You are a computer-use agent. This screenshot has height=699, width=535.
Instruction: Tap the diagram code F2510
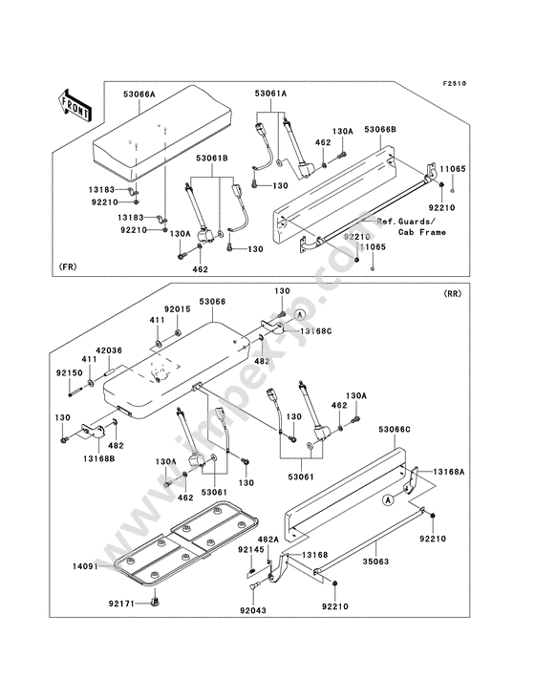(455, 84)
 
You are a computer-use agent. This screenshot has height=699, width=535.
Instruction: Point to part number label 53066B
(380, 129)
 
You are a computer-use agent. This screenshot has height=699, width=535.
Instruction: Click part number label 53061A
(270, 94)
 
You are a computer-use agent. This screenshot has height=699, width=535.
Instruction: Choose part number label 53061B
(212, 159)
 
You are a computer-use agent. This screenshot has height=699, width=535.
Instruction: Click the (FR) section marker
(67, 266)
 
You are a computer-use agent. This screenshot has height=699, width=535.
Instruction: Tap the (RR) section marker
(452, 294)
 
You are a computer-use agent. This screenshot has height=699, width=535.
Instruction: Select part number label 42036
(109, 350)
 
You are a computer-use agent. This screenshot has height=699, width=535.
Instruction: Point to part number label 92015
(177, 309)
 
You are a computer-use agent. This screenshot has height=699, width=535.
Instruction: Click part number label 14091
(86, 566)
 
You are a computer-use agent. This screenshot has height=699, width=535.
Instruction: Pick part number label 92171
(121, 604)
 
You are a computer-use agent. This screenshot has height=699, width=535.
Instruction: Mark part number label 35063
(375, 561)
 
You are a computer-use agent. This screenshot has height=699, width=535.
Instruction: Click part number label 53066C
(395, 430)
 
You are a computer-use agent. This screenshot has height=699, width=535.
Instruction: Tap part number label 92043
(252, 610)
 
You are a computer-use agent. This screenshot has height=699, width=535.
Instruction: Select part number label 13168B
(98, 458)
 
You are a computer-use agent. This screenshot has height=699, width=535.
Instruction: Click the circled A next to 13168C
(300, 314)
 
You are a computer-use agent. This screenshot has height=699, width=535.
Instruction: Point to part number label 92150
(70, 372)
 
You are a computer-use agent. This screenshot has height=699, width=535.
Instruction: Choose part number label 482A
(267, 540)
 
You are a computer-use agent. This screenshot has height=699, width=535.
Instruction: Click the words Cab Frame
(421, 232)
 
